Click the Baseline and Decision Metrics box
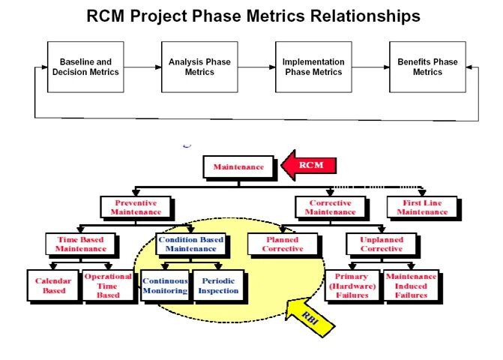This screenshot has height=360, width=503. (85, 67)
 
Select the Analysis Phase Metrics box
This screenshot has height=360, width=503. (199, 67)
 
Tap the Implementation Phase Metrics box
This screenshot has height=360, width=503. (313, 67)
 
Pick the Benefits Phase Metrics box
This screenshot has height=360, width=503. (427, 67)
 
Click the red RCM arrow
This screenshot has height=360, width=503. (309, 165)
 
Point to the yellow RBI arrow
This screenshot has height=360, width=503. (309, 316)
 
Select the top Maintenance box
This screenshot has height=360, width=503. (238, 166)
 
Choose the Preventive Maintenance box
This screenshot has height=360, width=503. (136, 207)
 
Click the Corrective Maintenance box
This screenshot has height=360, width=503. (331, 207)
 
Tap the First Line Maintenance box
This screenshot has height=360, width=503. (422, 207)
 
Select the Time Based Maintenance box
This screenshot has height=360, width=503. (81, 244)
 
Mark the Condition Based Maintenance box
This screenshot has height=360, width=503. (191, 244)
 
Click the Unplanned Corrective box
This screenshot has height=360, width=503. (382, 244)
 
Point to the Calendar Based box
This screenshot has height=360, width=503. (53, 286)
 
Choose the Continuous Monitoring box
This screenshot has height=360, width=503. (165, 286)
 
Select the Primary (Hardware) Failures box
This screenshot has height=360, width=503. (352, 286)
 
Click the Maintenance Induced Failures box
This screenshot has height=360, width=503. (411, 286)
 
